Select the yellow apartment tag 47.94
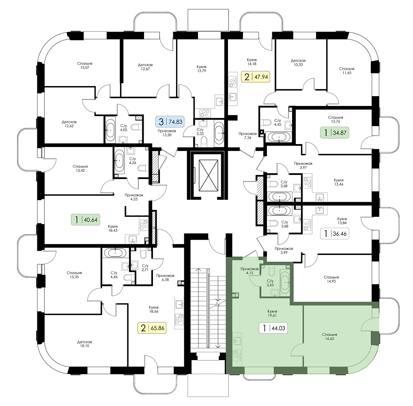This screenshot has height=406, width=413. coord(255,77)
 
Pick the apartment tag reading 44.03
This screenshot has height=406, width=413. coord(273,328)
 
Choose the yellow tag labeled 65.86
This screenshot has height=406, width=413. coord(152,328)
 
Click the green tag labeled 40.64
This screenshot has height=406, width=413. coord(86,220)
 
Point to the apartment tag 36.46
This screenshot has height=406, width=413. coord(335,233)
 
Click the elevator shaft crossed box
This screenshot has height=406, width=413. coord(209,175)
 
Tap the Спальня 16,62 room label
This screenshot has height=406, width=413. coord(329,337)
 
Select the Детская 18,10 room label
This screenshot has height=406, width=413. coord(84,344)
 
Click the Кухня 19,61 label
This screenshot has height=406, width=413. coord(272,313)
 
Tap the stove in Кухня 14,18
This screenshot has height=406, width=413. coord(233,81)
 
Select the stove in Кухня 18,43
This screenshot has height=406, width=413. coord(144,225)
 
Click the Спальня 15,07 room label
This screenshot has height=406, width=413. coord(85,65)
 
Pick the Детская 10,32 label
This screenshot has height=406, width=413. coord(298,63)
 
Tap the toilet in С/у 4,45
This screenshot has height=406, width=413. coord(267,123)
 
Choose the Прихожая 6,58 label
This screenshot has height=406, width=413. coord(165,278)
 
